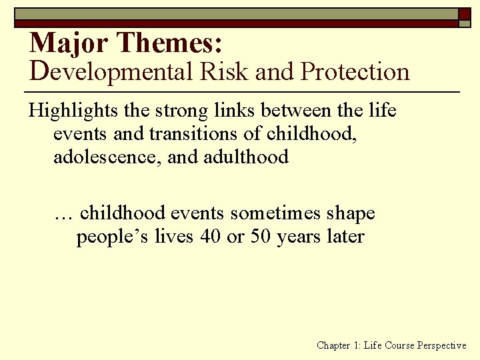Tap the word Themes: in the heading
click(169, 43)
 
